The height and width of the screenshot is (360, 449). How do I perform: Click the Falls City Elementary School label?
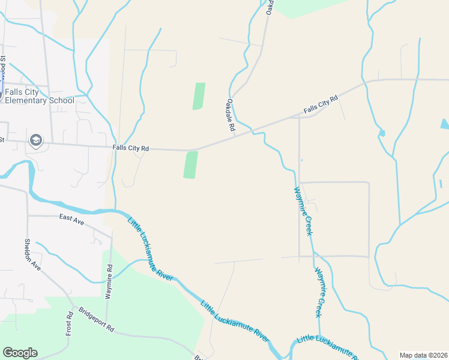click(x=40, y=96)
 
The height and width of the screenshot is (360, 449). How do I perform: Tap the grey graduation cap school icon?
click(x=35, y=140)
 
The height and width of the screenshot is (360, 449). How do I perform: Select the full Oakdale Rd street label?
click(x=230, y=115)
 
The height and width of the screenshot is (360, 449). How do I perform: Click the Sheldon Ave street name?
click(x=32, y=255)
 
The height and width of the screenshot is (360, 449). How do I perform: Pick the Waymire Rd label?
click(x=109, y=277)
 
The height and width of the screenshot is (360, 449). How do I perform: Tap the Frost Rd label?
click(x=70, y=323)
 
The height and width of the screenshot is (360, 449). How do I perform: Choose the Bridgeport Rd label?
click(x=96, y=320)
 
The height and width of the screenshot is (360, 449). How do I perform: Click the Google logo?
click(x=20, y=353)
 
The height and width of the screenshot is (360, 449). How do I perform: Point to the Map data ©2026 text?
click(x=423, y=355)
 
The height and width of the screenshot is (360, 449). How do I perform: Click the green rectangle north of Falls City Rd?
click(x=199, y=96)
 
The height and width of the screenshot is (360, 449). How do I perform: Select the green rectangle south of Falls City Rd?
click(x=190, y=164)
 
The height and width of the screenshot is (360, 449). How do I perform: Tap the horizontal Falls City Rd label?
click(x=130, y=148)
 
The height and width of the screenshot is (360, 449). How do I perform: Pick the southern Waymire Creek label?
click(x=321, y=292)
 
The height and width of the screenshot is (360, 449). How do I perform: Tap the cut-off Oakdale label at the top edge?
click(x=270, y=8)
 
